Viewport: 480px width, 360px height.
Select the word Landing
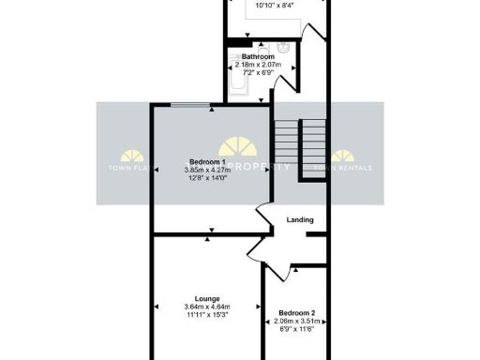coord(300,220)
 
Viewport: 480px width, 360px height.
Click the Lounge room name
coord(207,297)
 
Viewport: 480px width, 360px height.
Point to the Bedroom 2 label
coord(296,312)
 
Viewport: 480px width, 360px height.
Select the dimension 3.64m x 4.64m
coord(207,307)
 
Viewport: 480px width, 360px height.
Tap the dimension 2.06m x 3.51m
coord(296,321)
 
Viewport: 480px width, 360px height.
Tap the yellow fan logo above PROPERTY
coord(240,147)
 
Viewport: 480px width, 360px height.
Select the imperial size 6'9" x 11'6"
coord(296,328)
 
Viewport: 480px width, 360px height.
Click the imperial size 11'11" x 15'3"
coord(207,314)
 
